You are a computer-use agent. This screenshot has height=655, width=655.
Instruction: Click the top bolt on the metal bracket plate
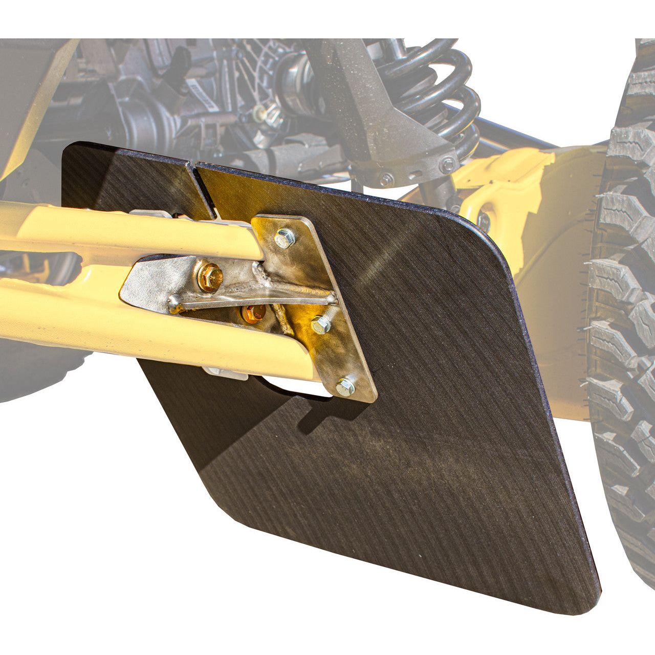click(x=285, y=238)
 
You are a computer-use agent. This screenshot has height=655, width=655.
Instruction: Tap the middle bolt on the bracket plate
click(x=320, y=324)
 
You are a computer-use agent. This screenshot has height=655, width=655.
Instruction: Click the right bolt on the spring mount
click(x=448, y=165)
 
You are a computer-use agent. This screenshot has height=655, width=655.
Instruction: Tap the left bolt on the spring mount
click(x=386, y=180)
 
